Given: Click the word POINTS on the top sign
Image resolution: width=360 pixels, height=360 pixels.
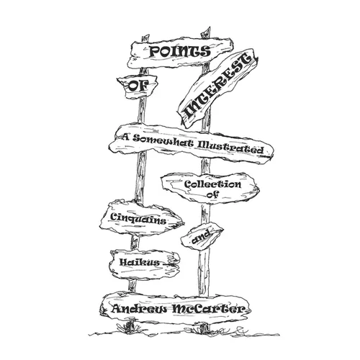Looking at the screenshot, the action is coord(180,52).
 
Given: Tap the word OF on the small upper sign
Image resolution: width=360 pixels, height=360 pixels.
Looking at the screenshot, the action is coord(138,86).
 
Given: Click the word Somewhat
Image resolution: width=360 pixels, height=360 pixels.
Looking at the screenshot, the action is coord(163,140).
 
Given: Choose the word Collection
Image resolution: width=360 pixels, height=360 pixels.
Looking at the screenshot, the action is coord(212,184).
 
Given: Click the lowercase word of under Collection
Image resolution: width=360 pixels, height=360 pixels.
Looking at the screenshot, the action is coord(212,194).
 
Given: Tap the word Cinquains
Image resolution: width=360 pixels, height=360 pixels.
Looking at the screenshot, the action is coord(138,218).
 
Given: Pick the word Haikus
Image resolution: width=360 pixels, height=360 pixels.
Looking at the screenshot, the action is coord(140,262).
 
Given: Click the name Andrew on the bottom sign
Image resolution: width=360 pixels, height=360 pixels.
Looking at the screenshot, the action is coord(139,309).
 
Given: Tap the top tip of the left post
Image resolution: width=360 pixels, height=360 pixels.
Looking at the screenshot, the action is coord(145,37).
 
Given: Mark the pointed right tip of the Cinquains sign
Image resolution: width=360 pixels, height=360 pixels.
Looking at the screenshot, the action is coord(184,222).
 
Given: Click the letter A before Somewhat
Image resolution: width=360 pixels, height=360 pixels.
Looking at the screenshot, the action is coord(126,138).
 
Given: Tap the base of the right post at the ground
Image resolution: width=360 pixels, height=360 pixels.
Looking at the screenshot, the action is coord(204,329).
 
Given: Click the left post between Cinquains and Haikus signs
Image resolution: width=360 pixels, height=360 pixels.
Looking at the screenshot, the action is coord(135,243).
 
